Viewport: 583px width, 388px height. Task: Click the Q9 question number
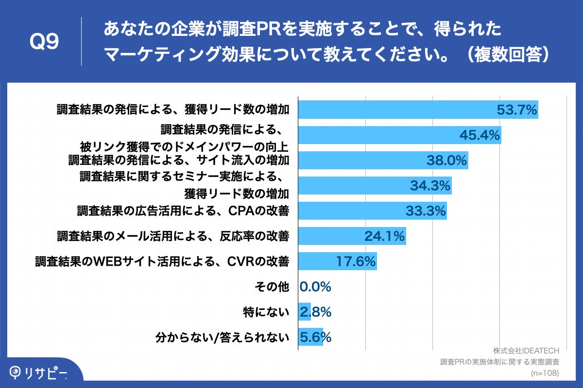44,43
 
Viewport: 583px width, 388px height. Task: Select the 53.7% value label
516,110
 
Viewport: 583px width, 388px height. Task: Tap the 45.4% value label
480,135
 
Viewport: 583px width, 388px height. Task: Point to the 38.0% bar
383,160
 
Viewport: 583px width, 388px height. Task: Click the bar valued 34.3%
375,185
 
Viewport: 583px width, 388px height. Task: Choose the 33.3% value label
426,211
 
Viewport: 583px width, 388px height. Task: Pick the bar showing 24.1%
352,236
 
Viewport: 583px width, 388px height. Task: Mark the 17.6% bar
337,261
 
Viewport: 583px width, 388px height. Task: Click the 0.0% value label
315,287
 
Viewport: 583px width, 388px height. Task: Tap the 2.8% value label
315,312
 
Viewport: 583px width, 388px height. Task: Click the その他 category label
272,287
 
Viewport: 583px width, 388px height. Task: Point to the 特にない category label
266,312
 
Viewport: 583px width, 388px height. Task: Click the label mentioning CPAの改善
183,211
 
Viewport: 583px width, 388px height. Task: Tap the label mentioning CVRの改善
162,262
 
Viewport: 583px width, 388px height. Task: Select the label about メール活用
173,236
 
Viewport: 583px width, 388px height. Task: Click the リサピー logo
39,372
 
